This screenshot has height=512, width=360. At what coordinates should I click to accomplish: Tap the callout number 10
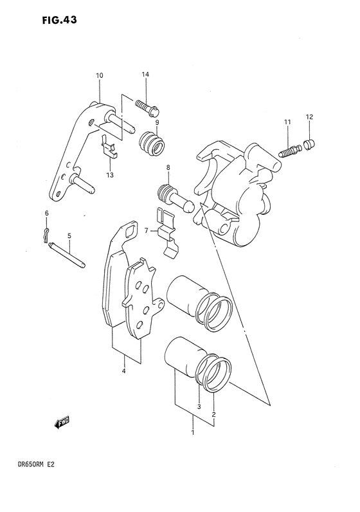click(100, 76)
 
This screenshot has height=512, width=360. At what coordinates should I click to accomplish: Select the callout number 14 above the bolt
click(145, 75)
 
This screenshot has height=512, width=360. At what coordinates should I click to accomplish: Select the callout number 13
click(110, 176)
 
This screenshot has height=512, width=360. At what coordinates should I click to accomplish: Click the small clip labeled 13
click(110, 149)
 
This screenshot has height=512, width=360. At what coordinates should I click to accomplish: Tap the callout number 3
click(199, 407)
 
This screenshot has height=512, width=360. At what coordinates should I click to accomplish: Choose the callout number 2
click(213, 407)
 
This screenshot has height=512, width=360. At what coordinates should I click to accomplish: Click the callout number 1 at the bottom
click(193, 435)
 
